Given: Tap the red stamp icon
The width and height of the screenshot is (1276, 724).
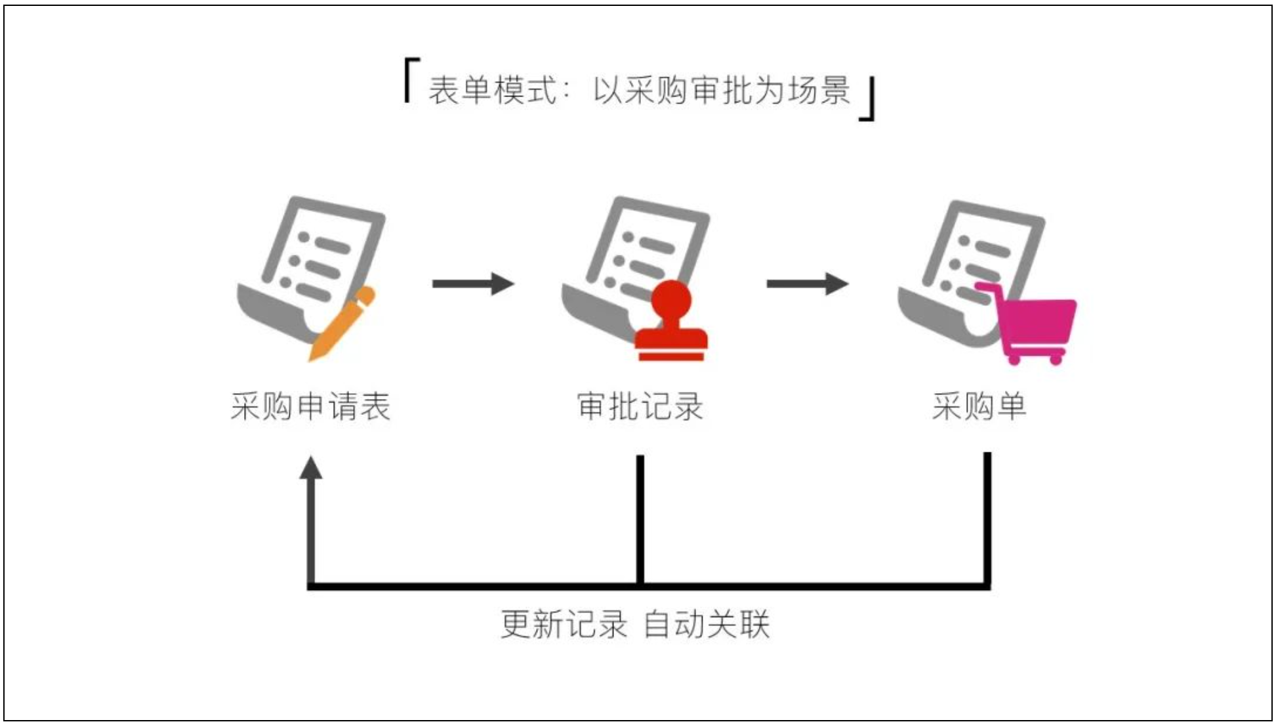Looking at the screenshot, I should [x=671, y=325].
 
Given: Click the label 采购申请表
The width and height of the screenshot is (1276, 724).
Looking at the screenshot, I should [x=310, y=406].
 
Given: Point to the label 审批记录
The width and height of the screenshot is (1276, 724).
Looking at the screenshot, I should [x=640, y=406].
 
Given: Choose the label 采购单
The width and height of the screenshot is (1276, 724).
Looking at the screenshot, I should [x=979, y=406].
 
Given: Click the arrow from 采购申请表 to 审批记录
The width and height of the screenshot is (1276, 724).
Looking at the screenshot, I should [x=472, y=284].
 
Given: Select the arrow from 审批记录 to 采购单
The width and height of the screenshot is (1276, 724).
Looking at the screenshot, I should [x=807, y=284].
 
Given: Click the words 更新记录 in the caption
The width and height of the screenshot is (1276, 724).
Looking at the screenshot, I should [x=564, y=624].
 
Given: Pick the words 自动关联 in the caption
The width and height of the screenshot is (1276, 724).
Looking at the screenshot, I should [x=707, y=624].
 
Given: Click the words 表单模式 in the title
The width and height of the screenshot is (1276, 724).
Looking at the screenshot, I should [x=493, y=90].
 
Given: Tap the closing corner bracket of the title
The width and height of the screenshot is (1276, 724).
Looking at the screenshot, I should [x=868, y=100].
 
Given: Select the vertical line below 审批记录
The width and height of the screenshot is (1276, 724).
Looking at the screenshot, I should [x=640, y=519].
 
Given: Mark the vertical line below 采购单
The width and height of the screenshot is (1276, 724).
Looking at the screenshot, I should [x=987, y=519].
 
